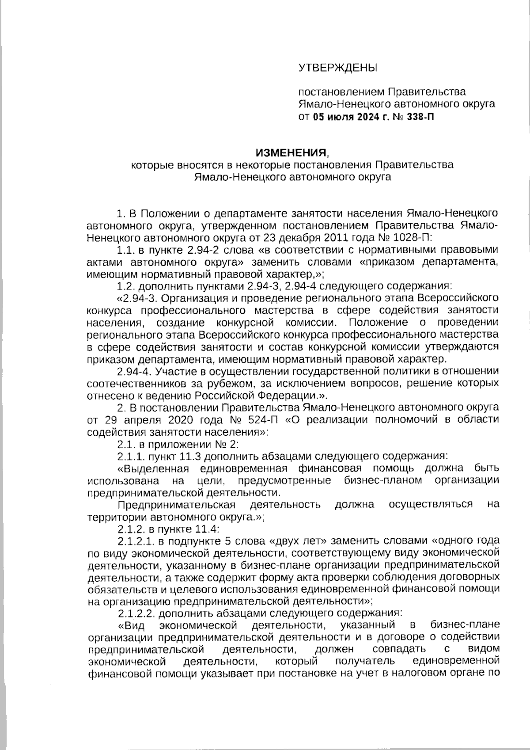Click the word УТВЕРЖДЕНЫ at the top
[338, 68]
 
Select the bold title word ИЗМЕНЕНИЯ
[292, 153]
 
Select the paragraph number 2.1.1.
[132, 455]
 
